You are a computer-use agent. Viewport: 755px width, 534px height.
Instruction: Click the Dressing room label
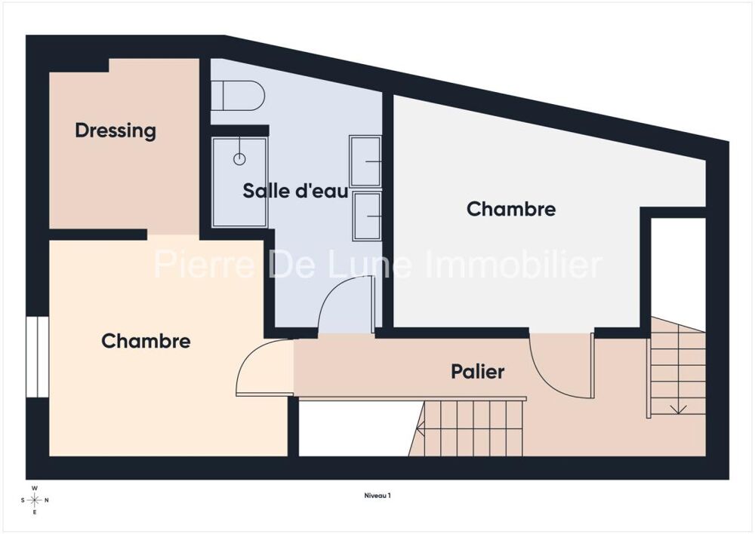116,130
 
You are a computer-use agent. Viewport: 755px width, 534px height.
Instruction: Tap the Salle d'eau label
295,191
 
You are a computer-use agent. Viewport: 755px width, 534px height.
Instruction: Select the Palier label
478,371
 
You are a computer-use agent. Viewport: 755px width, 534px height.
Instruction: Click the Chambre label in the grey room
511,209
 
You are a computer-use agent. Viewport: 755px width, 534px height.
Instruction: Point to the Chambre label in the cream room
146,341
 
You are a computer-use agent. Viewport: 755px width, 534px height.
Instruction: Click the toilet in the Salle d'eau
238,95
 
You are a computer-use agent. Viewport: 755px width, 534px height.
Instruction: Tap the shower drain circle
239,158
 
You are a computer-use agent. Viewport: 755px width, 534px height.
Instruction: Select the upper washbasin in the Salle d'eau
365,161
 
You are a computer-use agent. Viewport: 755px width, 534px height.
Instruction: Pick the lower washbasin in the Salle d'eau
367,216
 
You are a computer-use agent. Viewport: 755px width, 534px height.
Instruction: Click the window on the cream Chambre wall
37,357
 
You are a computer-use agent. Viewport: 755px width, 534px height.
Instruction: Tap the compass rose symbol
35,500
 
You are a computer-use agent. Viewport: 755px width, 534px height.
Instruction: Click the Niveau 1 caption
377,495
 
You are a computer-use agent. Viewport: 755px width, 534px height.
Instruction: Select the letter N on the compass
47,500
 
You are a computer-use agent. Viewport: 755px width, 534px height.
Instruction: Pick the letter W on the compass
35,488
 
